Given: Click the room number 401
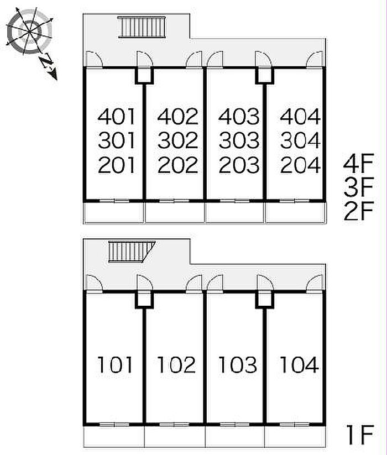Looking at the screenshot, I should click(116, 117).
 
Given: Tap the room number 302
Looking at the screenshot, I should click(177, 141).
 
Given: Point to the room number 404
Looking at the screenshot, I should click(300, 117).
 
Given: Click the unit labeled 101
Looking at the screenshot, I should click(116, 365).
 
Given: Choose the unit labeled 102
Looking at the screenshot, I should click(176, 365).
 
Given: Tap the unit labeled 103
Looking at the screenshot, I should click(238, 365).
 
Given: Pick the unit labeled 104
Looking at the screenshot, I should click(299, 365).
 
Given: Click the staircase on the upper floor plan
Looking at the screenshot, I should click(142, 26).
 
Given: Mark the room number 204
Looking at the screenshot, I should click(300, 165).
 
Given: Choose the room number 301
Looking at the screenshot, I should click(116, 141).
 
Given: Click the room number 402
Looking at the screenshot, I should click(177, 117).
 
